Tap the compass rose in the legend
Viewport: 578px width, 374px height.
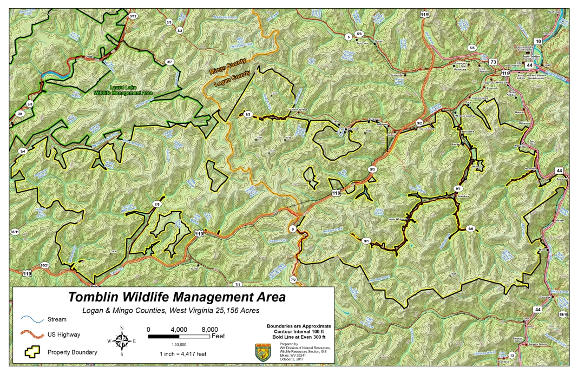pyautogui.click(x=122, y=341)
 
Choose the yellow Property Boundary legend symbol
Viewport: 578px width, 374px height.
pyautogui.click(x=31, y=352)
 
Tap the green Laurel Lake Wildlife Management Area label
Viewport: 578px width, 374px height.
pyautogui.click(x=123, y=90)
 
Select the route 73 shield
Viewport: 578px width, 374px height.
pyautogui.click(x=493, y=62)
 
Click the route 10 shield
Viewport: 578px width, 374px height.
pyautogui.click(x=538, y=41)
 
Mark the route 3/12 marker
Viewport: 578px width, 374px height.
pyautogui.click(x=133, y=17)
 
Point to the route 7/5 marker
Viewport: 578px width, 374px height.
pyautogui.click(x=157, y=205)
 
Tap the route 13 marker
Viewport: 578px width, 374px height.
pyautogui.click(x=511, y=356)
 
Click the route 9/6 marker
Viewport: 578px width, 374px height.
pyautogui.click(x=470, y=228)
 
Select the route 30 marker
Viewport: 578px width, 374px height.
pyautogui.click(x=20, y=114)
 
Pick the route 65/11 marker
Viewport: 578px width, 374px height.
pyautogui.click(x=15, y=232)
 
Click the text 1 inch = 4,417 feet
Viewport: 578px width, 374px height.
pyautogui.click(x=182, y=354)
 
